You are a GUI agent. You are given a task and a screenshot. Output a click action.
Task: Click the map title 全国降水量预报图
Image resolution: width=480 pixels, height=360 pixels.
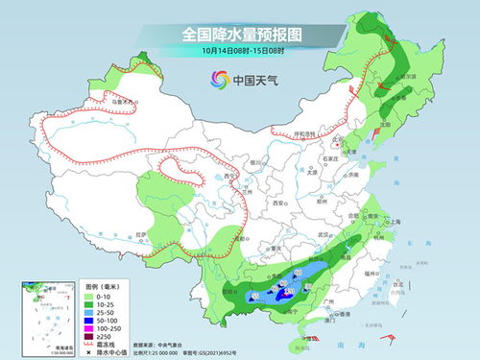tap(239, 35)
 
